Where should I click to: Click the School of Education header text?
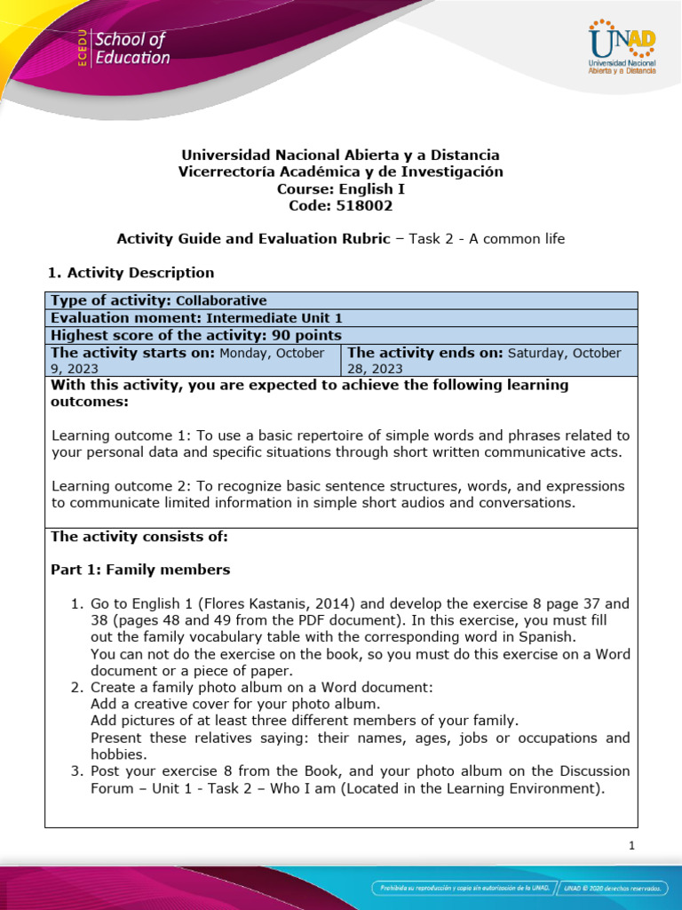point(131,49)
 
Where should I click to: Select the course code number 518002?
point(362,205)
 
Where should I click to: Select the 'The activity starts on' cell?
point(193,360)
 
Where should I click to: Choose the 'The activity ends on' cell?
point(488,360)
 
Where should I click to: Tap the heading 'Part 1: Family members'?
point(140,570)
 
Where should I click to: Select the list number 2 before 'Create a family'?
point(76,688)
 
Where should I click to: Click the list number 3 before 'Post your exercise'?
point(76,770)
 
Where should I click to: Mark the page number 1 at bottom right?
point(630,846)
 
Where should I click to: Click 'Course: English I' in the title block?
point(341,188)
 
